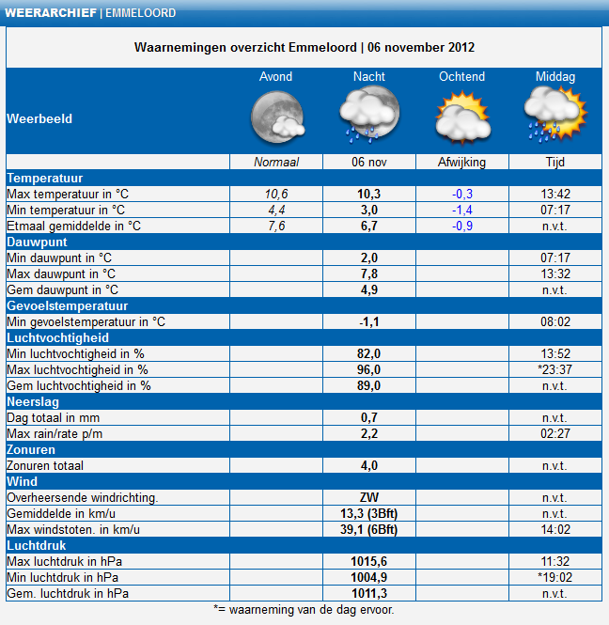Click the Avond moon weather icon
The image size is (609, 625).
[x=278, y=117]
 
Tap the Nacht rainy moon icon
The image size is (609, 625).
[x=369, y=114]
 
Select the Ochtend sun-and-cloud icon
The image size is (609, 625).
[x=462, y=117]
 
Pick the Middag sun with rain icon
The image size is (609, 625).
[x=555, y=114]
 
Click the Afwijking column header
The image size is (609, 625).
[x=462, y=163]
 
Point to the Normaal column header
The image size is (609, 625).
[x=276, y=163]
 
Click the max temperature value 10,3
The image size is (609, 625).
[x=369, y=195]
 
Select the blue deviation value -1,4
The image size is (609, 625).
[x=462, y=211]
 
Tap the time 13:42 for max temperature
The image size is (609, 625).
[x=555, y=195]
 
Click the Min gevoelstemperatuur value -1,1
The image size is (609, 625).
[x=369, y=322]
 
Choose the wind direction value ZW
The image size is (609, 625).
[x=369, y=498]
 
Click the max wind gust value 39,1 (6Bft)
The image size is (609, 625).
[x=369, y=530]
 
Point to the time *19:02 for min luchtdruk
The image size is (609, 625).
[x=554, y=578]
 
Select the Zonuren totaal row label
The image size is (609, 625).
[x=45, y=465]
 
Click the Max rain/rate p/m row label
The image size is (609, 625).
[x=55, y=433]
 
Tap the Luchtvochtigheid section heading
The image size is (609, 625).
[x=57, y=338]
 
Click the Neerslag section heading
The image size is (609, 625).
[x=33, y=402]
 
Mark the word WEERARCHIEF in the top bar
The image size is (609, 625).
[x=51, y=13]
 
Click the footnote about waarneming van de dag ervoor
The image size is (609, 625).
[x=304, y=610]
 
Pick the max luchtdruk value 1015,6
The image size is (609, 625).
[x=369, y=562]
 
